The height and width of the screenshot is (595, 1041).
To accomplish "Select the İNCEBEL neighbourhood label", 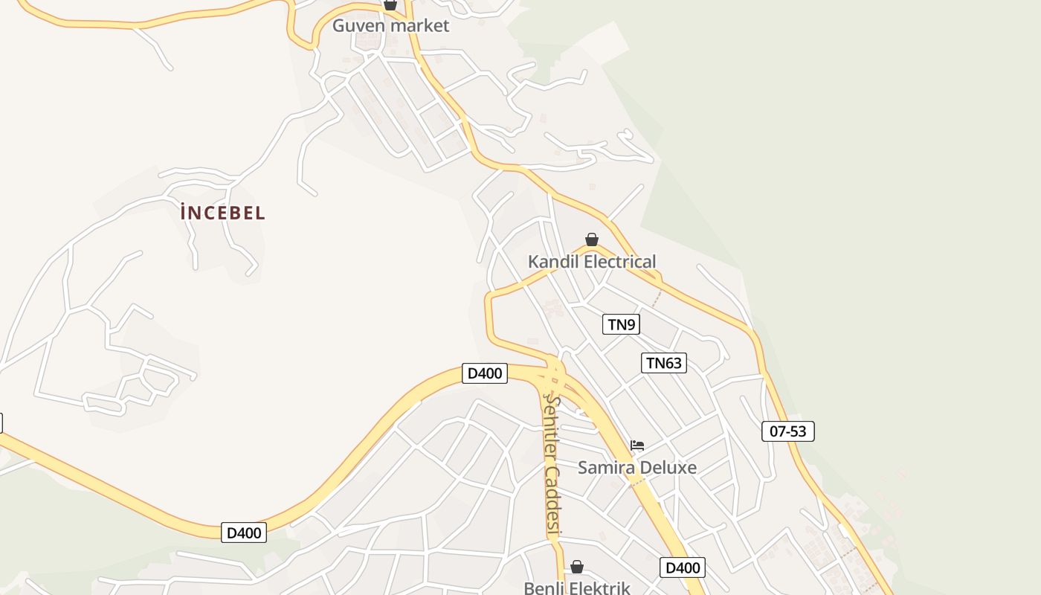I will coord(222,213).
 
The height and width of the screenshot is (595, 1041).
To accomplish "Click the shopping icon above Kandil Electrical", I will coord(592,239).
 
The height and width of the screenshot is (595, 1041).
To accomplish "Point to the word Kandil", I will coord(553,262).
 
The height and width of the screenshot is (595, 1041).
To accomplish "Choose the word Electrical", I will coord(620,262).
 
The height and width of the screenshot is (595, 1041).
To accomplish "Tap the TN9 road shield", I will coord(621,324).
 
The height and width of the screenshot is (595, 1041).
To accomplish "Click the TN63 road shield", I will coord(663,363).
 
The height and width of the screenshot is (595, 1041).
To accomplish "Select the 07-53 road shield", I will coord(788,431).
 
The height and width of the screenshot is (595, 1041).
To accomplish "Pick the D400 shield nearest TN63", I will coord(485,373).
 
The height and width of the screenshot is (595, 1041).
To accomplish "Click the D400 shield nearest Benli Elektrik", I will coord(683,568).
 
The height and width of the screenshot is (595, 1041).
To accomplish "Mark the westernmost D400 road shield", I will coord(244,533).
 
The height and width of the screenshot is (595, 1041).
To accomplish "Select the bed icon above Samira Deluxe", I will coord(637,446).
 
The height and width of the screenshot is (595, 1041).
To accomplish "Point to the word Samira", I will coord(607,468).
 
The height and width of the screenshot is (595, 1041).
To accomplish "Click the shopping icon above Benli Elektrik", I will coord(577,567).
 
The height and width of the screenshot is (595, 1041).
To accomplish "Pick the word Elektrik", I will coord(603,588).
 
